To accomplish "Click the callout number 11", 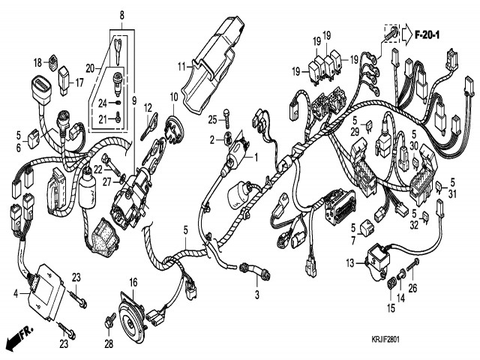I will pos(181,67).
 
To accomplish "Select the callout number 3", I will pos(257,295).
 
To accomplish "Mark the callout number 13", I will pos(350,262).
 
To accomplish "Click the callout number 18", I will pos(38,62).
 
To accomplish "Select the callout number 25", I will pos(213,120).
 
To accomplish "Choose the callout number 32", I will pos(413,223).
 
